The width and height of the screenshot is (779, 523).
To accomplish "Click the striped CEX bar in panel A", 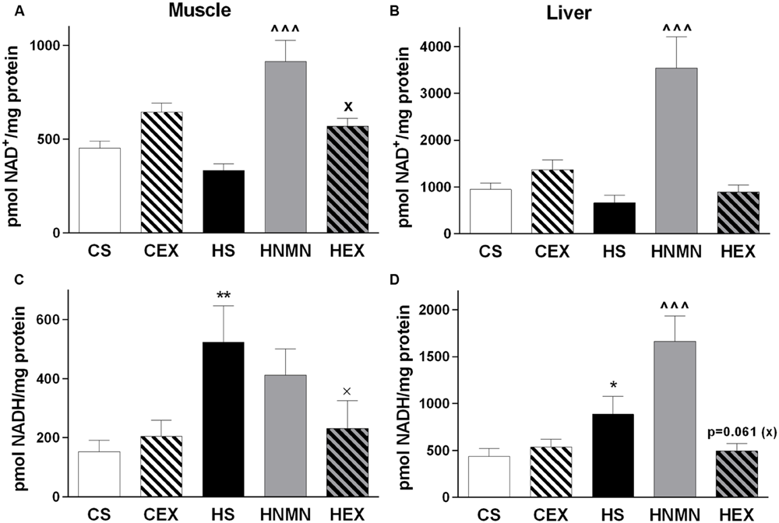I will point(161,173).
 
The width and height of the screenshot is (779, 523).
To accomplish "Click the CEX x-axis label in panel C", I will point(161,514).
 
